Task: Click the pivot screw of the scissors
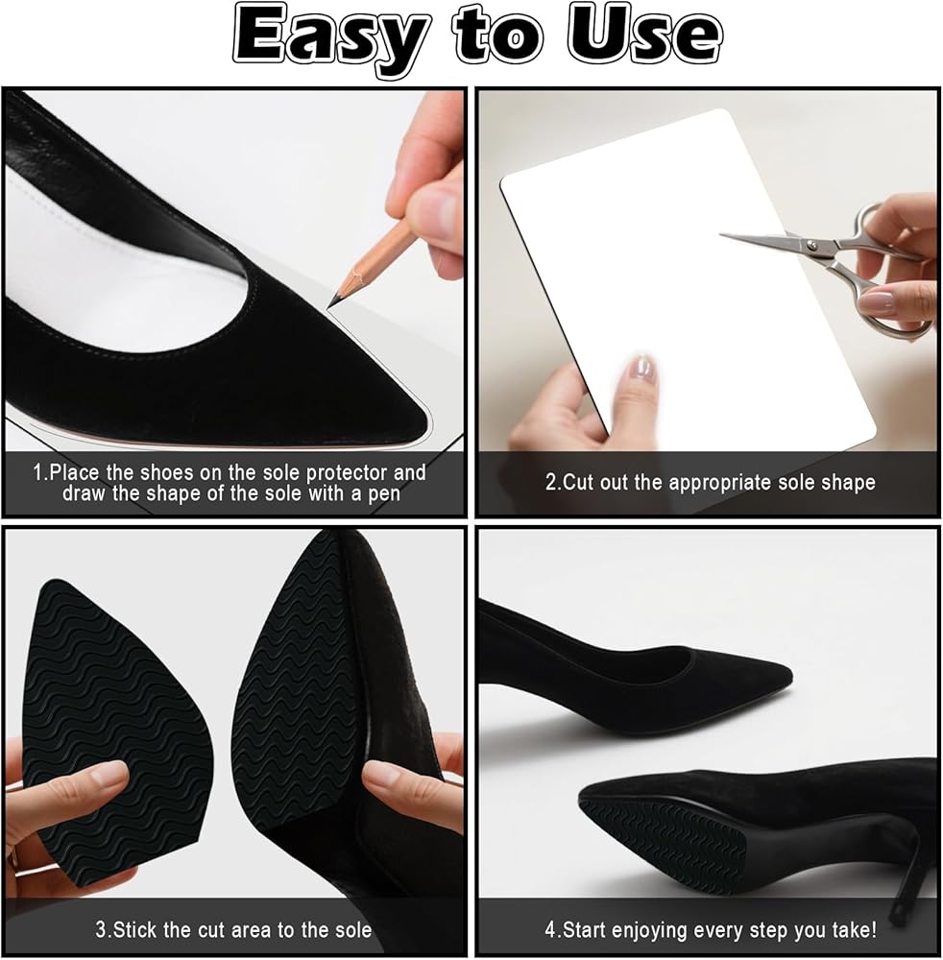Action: pyautogui.click(x=811, y=245)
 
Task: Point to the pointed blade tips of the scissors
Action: pyautogui.click(x=722, y=234)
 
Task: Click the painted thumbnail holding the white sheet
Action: pyautogui.click(x=641, y=370)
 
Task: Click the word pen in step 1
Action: pyautogui.click(x=383, y=494)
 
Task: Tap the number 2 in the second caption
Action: pyautogui.click(x=550, y=482)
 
